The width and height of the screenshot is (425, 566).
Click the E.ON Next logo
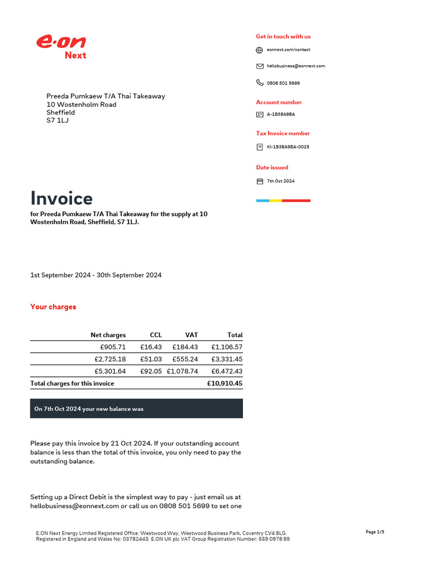pos(61,46)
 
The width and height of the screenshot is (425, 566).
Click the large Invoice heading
pos(61,198)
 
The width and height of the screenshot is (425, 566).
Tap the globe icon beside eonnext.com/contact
pos(260,50)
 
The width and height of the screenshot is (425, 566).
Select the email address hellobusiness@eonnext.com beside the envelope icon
pos(296,66)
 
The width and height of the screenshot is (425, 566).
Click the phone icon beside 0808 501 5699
pos(260,83)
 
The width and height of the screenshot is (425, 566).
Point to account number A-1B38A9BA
pos(281,114)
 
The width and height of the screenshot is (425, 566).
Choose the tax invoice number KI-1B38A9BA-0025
pos(288,147)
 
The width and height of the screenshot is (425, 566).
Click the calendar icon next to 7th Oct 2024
pos(260,181)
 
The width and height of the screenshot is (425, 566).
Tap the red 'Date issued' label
pos(272,167)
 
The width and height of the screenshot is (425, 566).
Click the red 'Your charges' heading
pos(53,307)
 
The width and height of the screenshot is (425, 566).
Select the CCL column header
pos(156,335)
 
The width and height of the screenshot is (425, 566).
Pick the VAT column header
pos(191,335)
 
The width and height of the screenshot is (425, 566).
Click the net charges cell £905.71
pos(113,347)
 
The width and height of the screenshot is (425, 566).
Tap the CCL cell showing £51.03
pos(151,359)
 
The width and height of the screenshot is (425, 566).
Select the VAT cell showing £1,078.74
pos(182,371)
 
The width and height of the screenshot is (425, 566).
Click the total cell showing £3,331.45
pos(226,359)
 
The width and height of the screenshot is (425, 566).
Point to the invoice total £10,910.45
pos(224,384)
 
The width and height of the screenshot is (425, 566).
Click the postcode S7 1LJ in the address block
pos(58,120)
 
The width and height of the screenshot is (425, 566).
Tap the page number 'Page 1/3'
pos(375,532)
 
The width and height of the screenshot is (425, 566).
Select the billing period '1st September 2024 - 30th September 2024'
pos(96,275)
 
